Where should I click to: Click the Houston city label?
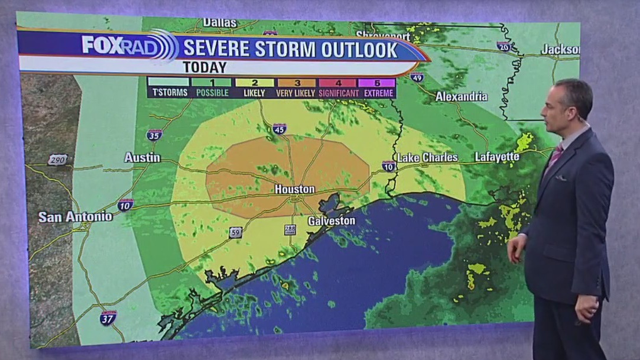coord(294,189)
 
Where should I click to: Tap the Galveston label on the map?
coord(332,220)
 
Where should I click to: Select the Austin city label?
coord(142,157)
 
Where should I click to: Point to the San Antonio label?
coord(75,217)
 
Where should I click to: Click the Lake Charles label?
coord(427,157)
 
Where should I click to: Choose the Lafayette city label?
coord(497,157)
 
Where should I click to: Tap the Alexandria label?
coord(462,96)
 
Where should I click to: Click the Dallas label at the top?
coord(219,23)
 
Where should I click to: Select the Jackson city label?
coord(560,50)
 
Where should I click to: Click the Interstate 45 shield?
coord(280,129)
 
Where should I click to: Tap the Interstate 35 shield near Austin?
coord(154,135)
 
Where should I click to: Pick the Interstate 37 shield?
coord(108,317)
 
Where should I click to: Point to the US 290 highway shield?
coord(58,160)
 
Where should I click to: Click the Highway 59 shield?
coord(236,232)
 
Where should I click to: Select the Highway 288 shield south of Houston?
coord(290,229)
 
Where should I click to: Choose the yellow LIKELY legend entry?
coord(255,83)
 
